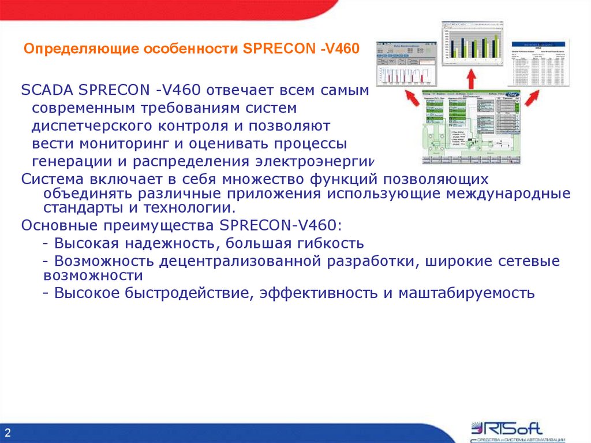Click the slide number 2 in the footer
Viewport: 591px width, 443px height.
coord(8,433)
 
